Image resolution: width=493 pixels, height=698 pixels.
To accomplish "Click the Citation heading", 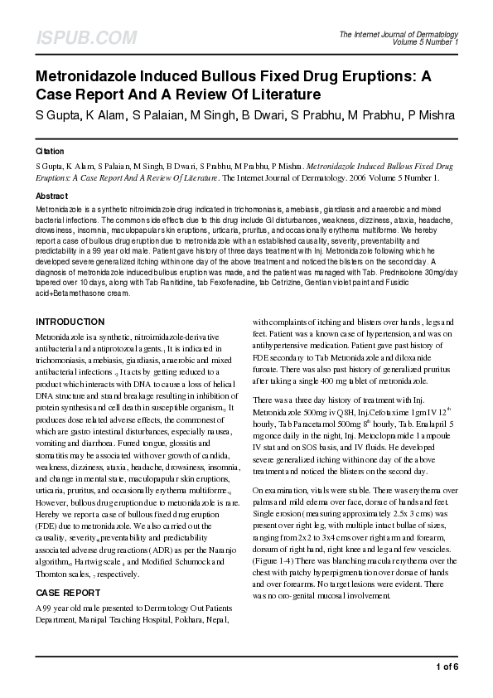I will coord(50,153).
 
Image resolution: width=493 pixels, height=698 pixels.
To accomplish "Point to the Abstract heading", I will coord(51,196).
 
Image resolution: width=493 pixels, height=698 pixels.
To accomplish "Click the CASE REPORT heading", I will coord(70,594).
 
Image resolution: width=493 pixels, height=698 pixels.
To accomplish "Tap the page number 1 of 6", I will coord(446,666).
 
